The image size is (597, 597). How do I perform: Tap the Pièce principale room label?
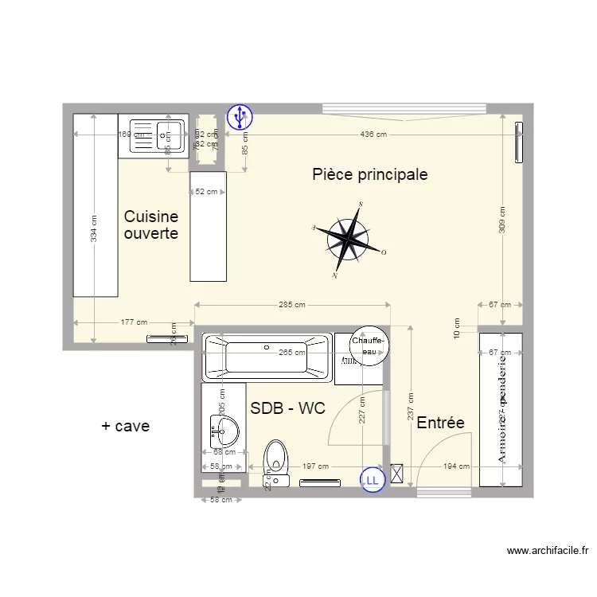pos(369,174)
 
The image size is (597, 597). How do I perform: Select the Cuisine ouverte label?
pos(150,225)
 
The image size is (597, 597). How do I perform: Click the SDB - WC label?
pos(287,408)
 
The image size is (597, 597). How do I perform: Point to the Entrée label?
pos(440,423)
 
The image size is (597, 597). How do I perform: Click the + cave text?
pos(125,426)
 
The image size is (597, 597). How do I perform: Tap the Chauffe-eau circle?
pos(369,345)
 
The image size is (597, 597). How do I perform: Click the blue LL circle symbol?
pos(372,479)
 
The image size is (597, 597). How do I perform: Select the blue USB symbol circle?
pos(239,118)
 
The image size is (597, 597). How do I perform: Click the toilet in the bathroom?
pos(275,460)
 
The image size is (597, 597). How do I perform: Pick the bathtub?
pos(267,355)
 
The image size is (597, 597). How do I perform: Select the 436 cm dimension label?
pos(373,135)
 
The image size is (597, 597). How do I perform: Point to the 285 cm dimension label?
pos(292,305)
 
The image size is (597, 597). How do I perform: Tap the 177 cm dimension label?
pos(134,322)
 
